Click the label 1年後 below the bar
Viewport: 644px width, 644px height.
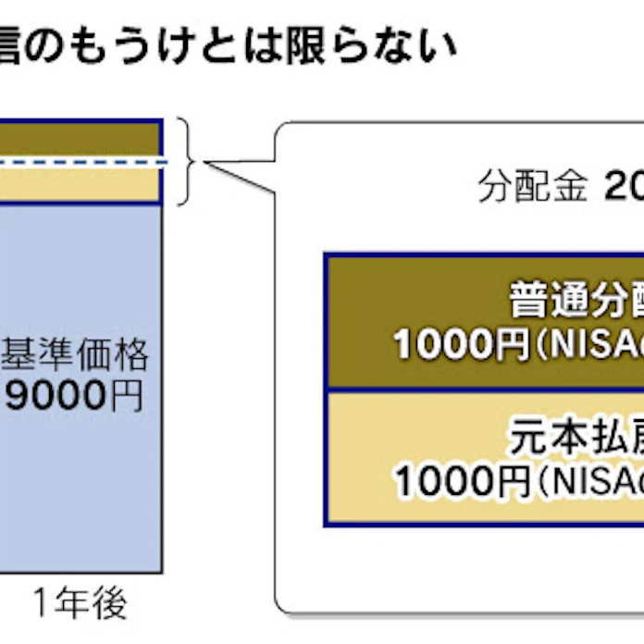pos(80,603)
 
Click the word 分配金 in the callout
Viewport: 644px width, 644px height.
pos(533,189)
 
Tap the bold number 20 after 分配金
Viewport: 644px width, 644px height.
pos(624,189)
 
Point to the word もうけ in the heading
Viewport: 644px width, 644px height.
pos(121,43)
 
